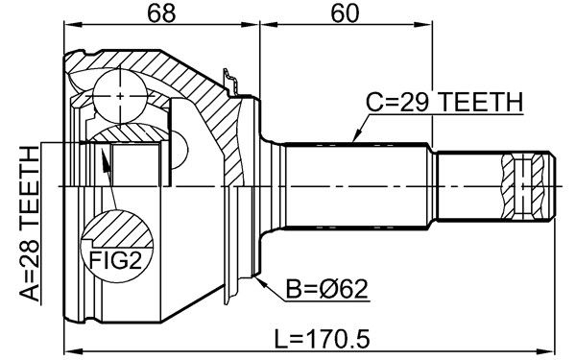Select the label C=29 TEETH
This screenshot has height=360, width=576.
[x=444, y=102]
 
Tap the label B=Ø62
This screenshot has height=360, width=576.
[x=326, y=289]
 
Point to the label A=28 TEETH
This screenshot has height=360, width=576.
[x=29, y=223]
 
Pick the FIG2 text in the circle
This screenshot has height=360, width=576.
[x=116, y=260]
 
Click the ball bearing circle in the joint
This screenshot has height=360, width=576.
[x=120, y=96]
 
